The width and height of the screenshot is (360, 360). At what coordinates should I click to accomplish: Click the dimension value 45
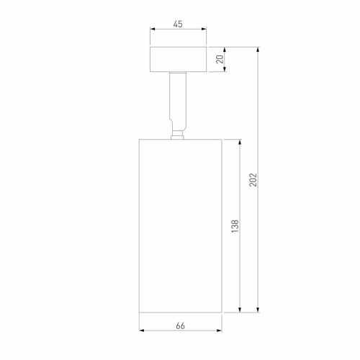click(x=178, y=24)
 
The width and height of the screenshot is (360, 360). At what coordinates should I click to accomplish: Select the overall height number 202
click(x=253, y=179)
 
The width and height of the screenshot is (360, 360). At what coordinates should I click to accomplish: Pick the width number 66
click(x=180, y=326)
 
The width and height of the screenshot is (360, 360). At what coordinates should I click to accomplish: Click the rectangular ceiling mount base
click(x=178, y=60)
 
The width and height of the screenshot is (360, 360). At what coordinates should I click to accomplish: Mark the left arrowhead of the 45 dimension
click(x=152, y=30)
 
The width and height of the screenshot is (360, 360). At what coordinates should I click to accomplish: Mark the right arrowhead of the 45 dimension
click(x=204, y=30)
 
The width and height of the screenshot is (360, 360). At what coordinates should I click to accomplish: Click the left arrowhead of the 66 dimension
click(x=140, y=332)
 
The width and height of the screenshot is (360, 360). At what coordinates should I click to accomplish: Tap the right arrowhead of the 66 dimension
click(x=220, y=332)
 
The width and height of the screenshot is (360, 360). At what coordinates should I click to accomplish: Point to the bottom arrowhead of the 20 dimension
click(x=225, y=71)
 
